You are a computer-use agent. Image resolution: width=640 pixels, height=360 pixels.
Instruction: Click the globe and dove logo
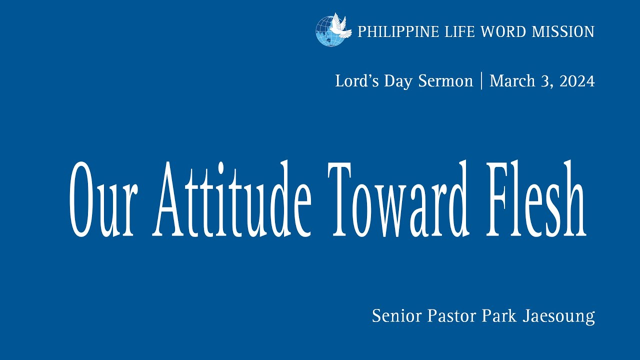[x=330, y=30]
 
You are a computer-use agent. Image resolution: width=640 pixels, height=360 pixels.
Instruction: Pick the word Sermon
[x=445, y=81]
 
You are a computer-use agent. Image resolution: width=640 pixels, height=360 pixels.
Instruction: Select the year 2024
[x=577, y=81]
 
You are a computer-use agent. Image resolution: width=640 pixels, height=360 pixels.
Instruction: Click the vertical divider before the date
[x=481, y=81]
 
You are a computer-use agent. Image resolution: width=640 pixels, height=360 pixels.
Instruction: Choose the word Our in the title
[x=103, y=200]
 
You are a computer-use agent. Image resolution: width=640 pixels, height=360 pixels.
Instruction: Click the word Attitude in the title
[x=232, y=200]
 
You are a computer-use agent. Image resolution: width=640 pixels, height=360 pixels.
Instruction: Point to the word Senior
[x=397, y=316]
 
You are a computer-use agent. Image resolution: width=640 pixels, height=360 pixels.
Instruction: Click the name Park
[x=499, y=316]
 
